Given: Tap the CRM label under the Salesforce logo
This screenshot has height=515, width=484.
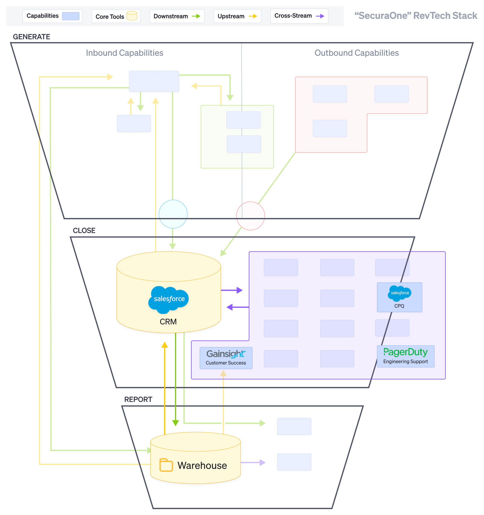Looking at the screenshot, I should pyautogui.click(x=168, y=322).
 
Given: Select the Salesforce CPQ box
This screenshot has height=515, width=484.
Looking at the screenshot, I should pyautogui.click(x=399, y=297).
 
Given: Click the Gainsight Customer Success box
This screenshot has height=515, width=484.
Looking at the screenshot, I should pyautogui.click(x=226, y=358).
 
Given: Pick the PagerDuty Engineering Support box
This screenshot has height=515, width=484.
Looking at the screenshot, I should pyautogui.click(x=405, y=356).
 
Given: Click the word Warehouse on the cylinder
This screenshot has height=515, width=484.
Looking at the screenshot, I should pyautogui.click(x=202, y=465).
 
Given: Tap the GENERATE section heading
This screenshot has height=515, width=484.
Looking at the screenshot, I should pyautogui.click(x=31, y=37).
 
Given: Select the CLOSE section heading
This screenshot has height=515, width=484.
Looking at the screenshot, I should pyautogui.click(x=84, y=230).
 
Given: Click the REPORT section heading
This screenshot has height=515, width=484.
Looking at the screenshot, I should pyautogui.click(x=138, y=399).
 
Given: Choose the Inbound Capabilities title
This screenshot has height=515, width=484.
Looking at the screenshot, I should pyautogui.click(x=124, y=53).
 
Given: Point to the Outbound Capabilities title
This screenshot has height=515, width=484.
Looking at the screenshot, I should pyautogui.click(x=356, y=53).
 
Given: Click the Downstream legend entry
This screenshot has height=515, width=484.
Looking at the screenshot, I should pyautogui.click(x=177, y=16).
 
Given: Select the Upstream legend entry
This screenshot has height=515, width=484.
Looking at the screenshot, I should pyautogui.click(x=237, y=16).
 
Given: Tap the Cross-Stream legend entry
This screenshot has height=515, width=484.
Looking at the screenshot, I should pyautogui.click(x=299, y=16).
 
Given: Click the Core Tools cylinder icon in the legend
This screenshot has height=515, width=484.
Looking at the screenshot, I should pyautogui.click(x=132, y=16).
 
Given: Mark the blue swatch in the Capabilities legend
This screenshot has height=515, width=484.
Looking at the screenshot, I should pyautogui.click(x=70, y=16).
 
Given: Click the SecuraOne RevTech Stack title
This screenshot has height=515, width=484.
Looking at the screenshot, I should pyautogui.click(x=416, y=15).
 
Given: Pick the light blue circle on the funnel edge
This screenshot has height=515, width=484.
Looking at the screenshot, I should pyautogui.click(x=173, y=214).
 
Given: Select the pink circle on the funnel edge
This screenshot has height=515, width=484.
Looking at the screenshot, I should pyautogui.click(x=250, y=216).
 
